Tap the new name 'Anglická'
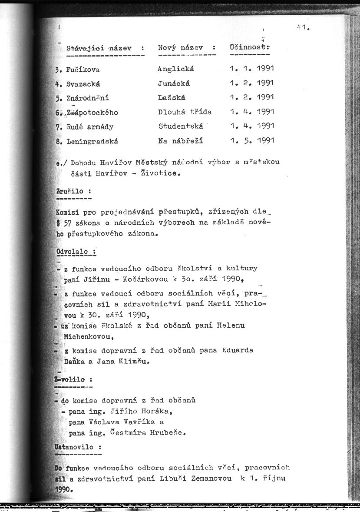(x=176, y=69)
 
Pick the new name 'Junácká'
(x=174, y=83)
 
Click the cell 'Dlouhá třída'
(x=185, y=112)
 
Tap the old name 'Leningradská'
(x=92, y=141)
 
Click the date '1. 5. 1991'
(x=252, y=141)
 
